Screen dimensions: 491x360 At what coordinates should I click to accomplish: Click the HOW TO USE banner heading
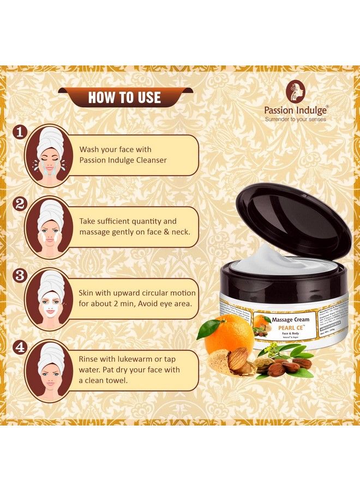[x=124, y=98]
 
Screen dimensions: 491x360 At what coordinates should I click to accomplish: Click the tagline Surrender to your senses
[x=296, y=118]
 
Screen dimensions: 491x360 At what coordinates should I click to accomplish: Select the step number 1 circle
[x=20, y=132]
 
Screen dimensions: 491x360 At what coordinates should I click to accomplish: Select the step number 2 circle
[x=20, y=204]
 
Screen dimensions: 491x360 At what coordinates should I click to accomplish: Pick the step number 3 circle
[x=20, y=275]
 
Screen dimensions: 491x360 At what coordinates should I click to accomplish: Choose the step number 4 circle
[x=20, y=347]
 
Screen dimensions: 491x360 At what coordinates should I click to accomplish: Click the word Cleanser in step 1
[x=148, y=160]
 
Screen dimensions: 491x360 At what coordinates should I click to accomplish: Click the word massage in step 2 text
[x=97, y=232]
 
